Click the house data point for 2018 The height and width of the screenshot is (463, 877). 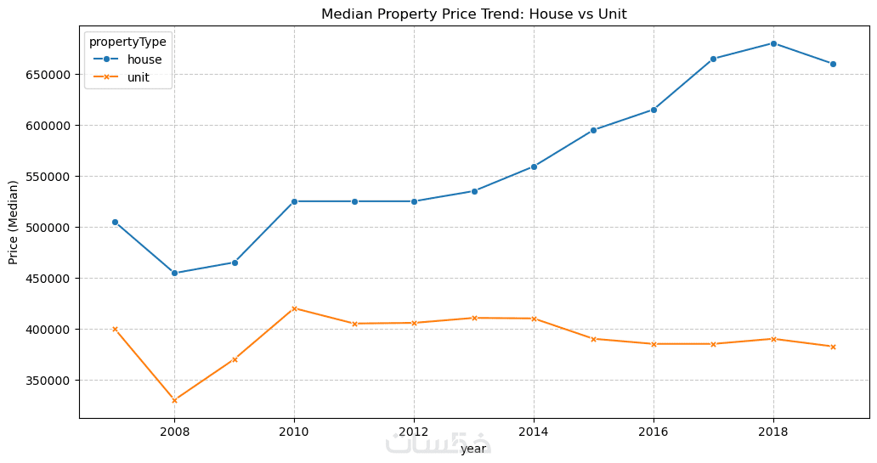[x=772, y=43]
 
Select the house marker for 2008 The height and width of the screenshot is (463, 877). [x=174, y=273]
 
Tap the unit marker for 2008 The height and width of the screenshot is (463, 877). [x=174, y=400]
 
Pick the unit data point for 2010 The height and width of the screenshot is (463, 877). [x=294, y=308]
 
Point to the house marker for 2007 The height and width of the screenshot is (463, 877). [x=115, y=222]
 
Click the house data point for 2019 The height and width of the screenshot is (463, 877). [x=833, y=64]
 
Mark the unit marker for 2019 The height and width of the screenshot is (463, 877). [x=833, y=347]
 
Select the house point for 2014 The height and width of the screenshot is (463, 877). [x=534, y=167]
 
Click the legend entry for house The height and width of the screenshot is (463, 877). [x=144, y=59]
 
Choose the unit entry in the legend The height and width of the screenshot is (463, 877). [x=139, y=76]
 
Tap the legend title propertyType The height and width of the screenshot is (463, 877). [x=128, y=41]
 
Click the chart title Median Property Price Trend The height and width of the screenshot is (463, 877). [x=474, y=14]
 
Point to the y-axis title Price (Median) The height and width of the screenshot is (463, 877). [x=14, y=222]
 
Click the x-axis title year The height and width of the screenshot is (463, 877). [x=473, y=449]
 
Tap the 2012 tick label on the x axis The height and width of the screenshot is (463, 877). [x=414, y=432]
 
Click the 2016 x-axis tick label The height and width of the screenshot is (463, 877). [x=653, y=432]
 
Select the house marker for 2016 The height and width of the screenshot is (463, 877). [x=654, y=110]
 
